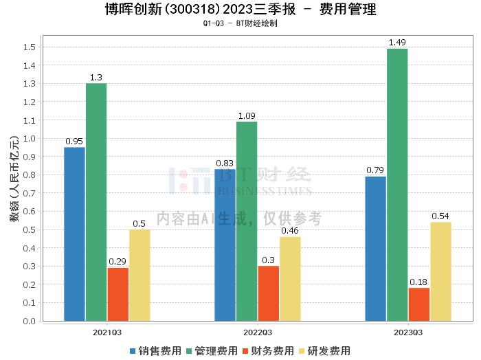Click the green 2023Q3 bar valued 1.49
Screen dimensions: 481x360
(x=397, y=185)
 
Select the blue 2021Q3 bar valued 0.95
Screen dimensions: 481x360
(x=74, y=234)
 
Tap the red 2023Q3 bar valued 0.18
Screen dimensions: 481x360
(x=419, y=304)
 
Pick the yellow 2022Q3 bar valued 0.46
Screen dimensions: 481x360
(x=290, y=279)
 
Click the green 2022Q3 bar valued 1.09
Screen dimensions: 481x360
(x=247, y=221)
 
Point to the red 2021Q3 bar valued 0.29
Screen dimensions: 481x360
(x=118, y=294)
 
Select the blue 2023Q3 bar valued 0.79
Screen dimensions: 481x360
(x=375, y=249)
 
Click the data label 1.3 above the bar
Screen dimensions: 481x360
(x=96, y=78)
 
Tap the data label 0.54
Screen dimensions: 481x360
(x=440, y=216)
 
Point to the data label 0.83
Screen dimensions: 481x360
(x=225, y=164)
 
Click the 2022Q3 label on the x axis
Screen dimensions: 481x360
(x=258, y=333)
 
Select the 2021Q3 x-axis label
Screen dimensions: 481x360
(x=107, y=333)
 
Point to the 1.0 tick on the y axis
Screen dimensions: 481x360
(x=30, y=138)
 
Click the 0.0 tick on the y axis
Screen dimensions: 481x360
(x=30, y=321)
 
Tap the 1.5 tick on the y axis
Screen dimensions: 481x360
(x=30, y=47)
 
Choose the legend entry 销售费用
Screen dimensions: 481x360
(x=156, y=351)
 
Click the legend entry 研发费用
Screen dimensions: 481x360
(x=325, y=351)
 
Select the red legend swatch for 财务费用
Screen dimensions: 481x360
(x=245, y=351)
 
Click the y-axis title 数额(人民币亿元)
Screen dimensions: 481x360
(x=14, y=179)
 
